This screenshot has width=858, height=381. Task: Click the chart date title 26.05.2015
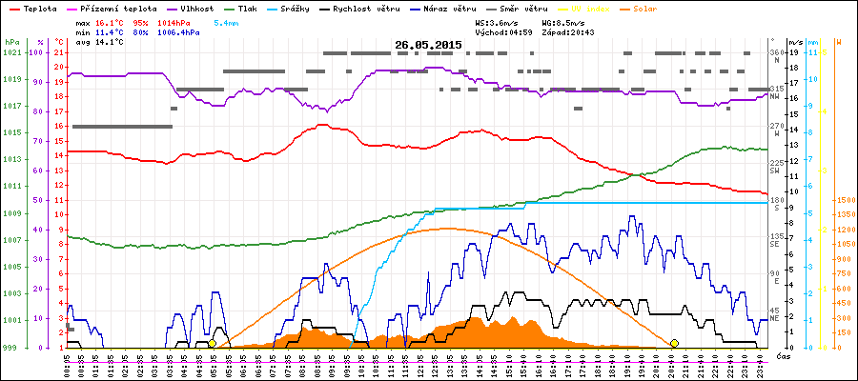[x=429, y=45]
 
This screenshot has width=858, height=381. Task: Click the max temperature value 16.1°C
[x=110, y=21]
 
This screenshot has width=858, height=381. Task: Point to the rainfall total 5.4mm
[x=227, y=21]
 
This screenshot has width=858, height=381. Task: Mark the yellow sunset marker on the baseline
[x=674, y=343]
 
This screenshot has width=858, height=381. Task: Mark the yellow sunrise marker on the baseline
[x=212, y=343]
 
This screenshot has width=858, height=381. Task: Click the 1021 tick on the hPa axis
[x=12, y=52]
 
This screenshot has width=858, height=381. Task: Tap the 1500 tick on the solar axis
[x=845, y=200]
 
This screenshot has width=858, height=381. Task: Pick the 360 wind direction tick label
[x=775, y=52]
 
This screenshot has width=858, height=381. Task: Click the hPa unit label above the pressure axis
[x=12, y=42]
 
